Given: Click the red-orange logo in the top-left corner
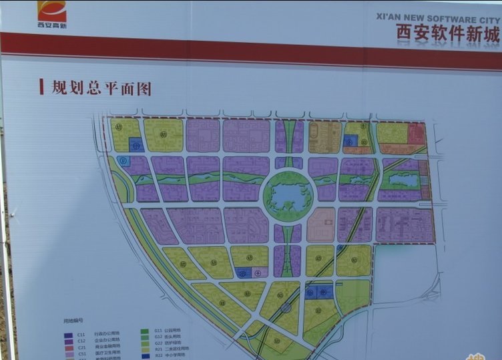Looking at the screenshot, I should coord(51,11).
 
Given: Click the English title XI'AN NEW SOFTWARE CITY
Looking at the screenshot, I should coord(438,21).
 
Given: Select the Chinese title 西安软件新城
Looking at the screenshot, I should coord(447,34).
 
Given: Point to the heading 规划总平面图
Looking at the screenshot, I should coord(101,87).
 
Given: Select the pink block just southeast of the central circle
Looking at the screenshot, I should coord(321,224).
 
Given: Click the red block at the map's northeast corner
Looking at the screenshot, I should coord(417,132).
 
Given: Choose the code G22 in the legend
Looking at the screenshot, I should coord(158,343).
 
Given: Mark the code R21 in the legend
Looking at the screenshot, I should coord(158,349).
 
